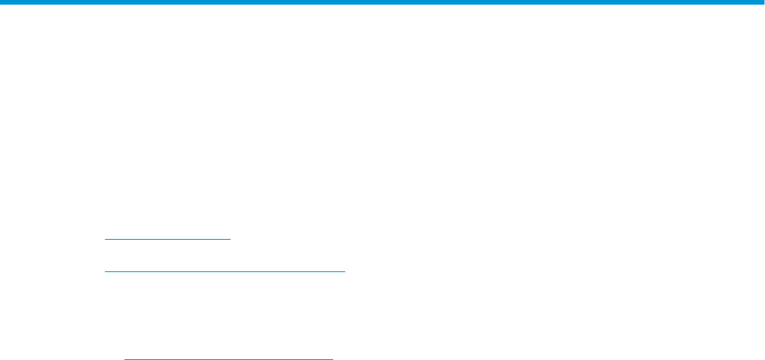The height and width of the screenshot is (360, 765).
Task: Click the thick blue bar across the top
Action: click(382, 3)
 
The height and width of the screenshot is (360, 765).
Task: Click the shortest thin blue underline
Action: click(167, 239)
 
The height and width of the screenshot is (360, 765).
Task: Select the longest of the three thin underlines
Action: click(224, 272)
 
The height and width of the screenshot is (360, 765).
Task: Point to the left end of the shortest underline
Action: click(105, 239)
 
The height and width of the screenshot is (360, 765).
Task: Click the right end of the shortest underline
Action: click(231, 239)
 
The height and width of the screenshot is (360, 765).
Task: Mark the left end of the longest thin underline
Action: click(105, 272)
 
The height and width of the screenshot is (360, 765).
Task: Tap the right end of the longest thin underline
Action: click(345, 272)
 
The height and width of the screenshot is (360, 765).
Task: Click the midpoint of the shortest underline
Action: click(167, 239)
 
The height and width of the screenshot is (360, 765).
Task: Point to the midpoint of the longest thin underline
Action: click(224, 272)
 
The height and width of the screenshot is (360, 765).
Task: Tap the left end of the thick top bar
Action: click(2, 3)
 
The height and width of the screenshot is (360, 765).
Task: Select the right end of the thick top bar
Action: click(762, 3)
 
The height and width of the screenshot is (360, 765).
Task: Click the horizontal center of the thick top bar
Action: click(382, 3)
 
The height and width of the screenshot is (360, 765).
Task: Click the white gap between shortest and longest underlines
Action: click(167, 256)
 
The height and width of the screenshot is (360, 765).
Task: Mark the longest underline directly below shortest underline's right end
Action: click(231, 272)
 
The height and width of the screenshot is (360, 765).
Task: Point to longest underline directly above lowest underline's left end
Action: click(125, 272)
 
